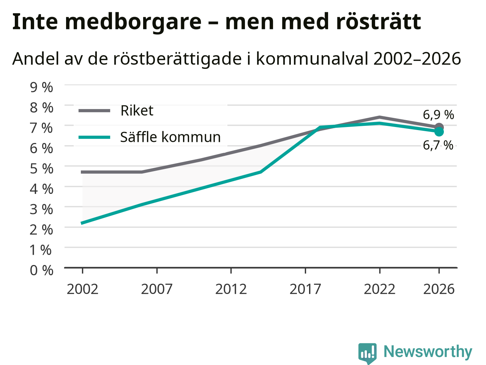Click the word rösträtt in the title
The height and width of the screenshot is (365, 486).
[378, 22]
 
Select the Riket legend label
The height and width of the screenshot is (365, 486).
[137, 110]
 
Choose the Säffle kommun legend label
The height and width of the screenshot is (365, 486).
[170, 137]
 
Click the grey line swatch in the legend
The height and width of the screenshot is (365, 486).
[94, 111]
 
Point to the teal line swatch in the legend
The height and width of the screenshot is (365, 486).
[94, 137]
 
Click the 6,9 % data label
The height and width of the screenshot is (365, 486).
[439, 115]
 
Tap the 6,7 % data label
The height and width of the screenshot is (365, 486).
[438, 146]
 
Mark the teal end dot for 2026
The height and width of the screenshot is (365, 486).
[439, 132]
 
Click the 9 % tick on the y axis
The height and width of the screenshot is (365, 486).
[41, 87]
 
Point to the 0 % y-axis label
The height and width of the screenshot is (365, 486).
[41, 270]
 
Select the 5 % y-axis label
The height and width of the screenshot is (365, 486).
[41, 169]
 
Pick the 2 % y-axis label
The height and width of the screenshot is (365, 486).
[41, 230]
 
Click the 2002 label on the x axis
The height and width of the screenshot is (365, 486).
[82, 289]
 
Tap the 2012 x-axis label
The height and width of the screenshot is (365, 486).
[231, 289]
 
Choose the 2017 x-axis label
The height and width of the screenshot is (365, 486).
[305, 289]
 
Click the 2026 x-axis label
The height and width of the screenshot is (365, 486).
[439, 289]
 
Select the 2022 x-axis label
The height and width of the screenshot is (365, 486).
[380, 289]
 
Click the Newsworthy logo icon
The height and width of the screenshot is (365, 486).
[367, 353]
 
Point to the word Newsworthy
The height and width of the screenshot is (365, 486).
[428, 352]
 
